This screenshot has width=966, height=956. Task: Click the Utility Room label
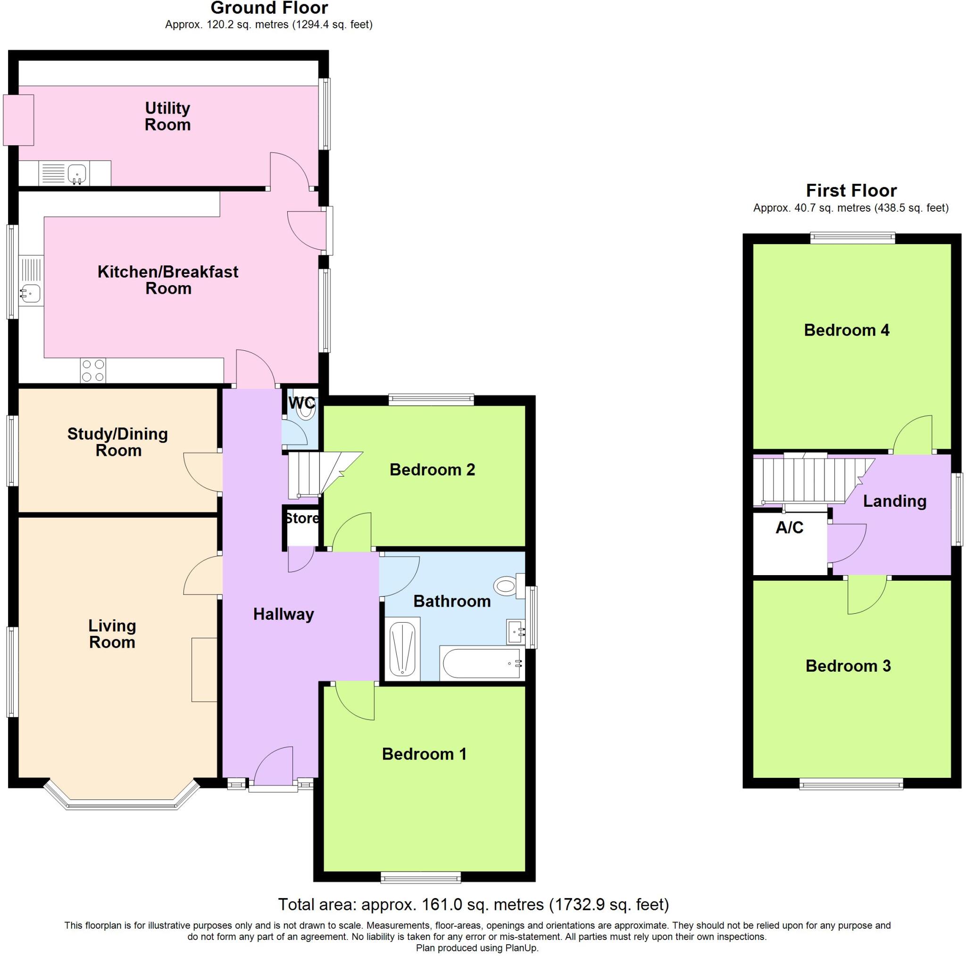point(167,116)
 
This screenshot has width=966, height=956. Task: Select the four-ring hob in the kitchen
point(93,371)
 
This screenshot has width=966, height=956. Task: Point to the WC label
point(302,403)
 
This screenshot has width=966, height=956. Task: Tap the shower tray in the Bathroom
point(402,649)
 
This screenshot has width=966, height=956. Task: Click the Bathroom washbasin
point(515,632)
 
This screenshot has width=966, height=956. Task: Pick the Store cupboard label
point(301,518)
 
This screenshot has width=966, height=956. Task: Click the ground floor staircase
point(320,474)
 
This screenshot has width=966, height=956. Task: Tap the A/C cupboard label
point(789,527)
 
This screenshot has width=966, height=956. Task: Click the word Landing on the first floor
point(894,501)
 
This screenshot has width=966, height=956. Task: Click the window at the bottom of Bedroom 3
point(851,786)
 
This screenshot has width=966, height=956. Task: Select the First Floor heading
point(851,190)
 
